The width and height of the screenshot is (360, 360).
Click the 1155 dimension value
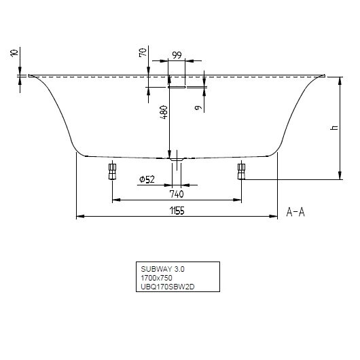click(177, 211)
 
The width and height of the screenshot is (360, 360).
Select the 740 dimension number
click(177, 194)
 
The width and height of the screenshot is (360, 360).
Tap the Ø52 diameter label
click(147, 179)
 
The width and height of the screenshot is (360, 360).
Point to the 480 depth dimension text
click(164, 112)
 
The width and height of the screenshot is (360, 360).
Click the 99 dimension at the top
click(177, 55)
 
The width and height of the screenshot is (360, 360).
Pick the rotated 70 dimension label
click(143, 52)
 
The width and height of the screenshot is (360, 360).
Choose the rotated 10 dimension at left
click(14, 53)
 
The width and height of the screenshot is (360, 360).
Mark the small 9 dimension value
click(198, 107)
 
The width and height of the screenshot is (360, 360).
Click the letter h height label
click(334, 128)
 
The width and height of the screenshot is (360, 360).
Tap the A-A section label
click(295, 212)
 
